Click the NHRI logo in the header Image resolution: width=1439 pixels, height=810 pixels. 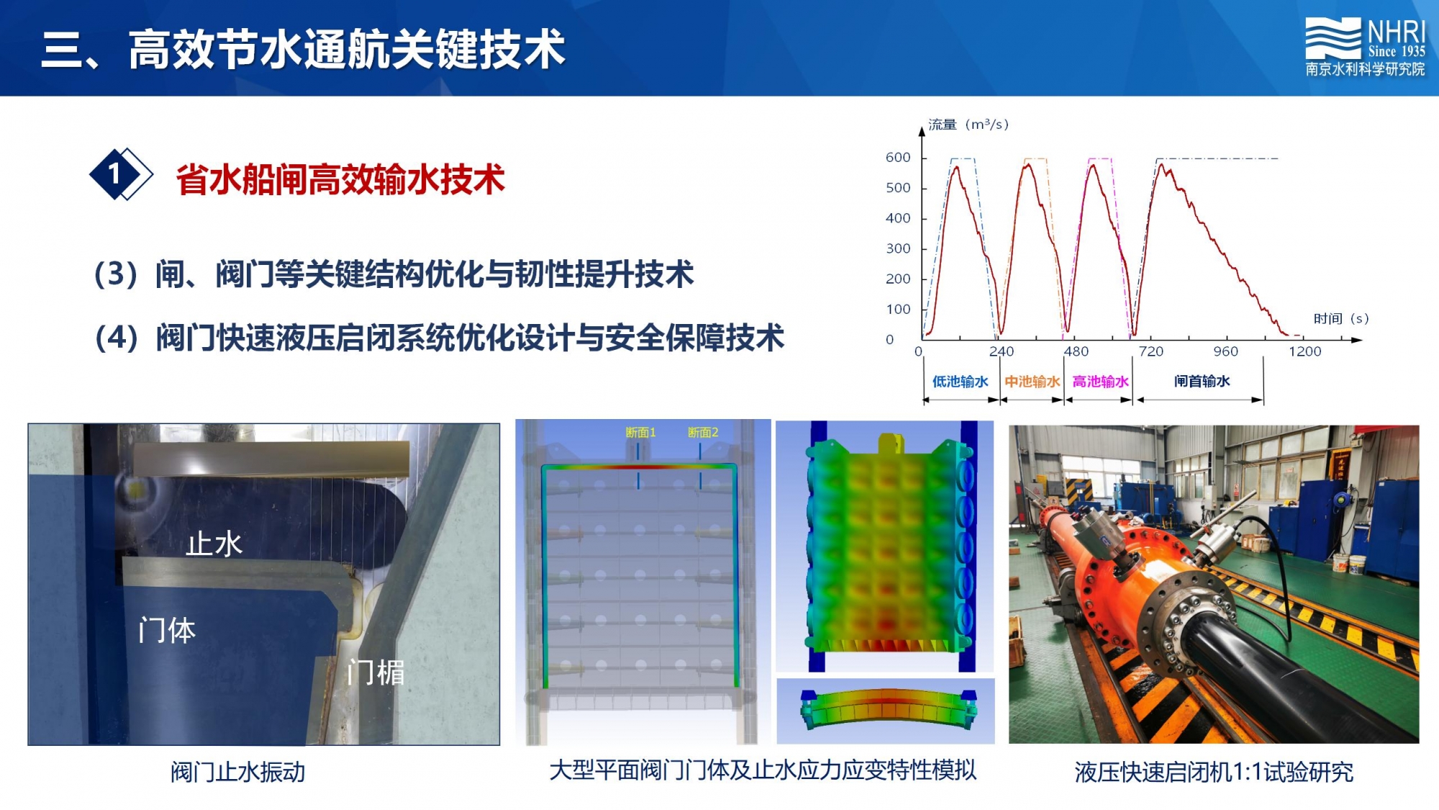(x=1365, y=47)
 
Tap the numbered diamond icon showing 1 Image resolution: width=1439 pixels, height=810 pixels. (x=120, y=174)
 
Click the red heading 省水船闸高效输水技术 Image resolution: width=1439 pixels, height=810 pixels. (x=340, y=179)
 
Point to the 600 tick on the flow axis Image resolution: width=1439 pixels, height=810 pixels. (x=898, y=158)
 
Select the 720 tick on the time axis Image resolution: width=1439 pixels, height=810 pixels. (x=1150, y=351)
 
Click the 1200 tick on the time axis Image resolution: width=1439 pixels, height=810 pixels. (x=1304, y=351)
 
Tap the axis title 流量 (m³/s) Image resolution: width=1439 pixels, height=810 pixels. (x=968, y=125)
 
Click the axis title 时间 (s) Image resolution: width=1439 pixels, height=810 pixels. (x=1340, y=318)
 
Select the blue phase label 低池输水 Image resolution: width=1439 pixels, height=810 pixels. (x=960, y=382)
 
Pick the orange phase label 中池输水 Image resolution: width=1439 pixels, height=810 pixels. (x=1032, y=382)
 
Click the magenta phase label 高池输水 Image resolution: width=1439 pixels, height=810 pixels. (x=1100, y=382)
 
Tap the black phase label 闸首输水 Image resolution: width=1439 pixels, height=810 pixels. (x=1202, y=381)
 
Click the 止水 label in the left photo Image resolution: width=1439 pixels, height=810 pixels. (x=214, y=544)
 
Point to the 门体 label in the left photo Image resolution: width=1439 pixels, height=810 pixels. (x=166, y=631)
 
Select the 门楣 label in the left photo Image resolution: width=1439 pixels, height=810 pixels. (x=375, y=672)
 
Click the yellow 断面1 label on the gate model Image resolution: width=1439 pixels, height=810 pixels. (x=640, y=432)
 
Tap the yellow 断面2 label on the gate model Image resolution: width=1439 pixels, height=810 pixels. (x=703, y=432)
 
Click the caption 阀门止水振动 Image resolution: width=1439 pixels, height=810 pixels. (x=238, y=772)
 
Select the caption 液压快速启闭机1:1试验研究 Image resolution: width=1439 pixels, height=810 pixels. (x=1214, y=772)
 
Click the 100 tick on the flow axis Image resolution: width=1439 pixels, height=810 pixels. (x=898, y=310)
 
